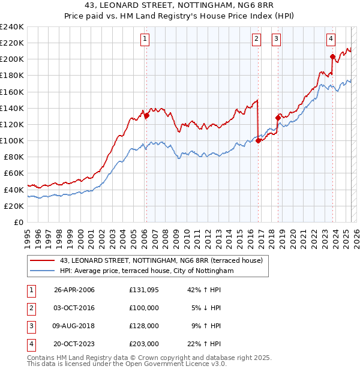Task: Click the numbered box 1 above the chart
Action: click(146, 40)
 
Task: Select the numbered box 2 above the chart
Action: click(257, 40)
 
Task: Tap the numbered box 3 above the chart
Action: click(277, 40)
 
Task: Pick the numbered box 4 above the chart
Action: click(331, 40)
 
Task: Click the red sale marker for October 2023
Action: click(332, 57)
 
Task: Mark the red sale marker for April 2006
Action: click(146, 115)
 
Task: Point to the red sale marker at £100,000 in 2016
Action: click(258, 140)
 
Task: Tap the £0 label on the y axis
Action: click(18, 222)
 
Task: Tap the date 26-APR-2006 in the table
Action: click(74, 290)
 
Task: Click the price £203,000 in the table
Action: click(144, 344)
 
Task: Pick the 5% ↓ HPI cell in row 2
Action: click(206, 308)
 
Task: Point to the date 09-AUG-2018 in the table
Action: click(74, 326)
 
